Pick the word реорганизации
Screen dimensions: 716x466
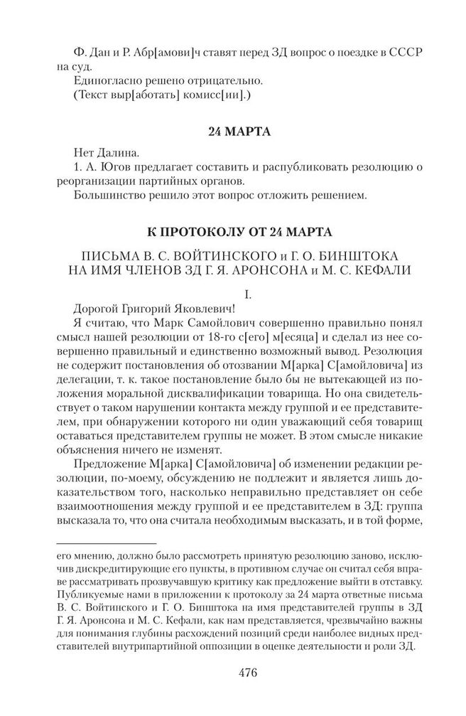[95, 183]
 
